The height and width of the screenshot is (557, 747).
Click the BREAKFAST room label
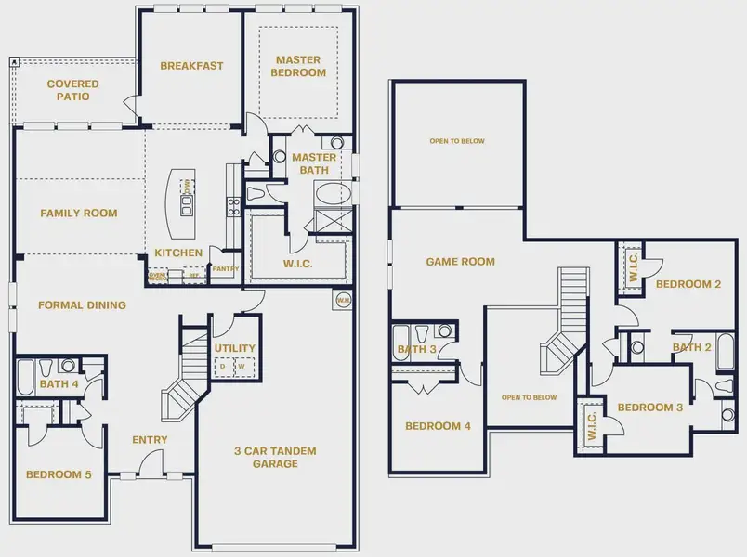[x=191, y=66]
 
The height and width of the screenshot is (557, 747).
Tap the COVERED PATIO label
[x=72, y=90]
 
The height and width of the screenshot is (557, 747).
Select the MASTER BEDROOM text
[x=299, y=66]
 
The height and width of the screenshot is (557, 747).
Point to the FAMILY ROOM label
[x=79, y=214]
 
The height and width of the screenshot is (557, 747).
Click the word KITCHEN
[x=177, y=253]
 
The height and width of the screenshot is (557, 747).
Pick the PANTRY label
[x=225, y=269]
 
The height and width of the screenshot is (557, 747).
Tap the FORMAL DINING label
[x=82, y=304]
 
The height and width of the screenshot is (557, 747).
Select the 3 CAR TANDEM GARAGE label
[x=276, y=457]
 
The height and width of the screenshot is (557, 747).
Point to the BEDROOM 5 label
[x=59, y=474]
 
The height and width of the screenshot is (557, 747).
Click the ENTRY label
[x=151, y=440]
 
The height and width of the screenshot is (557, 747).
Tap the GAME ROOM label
[x=460, y=262]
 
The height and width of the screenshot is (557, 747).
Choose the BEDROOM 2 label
[x=688, y=284]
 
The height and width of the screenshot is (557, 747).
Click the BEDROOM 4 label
[x=438, y=426]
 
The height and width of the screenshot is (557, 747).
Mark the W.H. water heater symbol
[x=343, y=300]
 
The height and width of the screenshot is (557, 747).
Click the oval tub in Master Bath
[x=329, y=195]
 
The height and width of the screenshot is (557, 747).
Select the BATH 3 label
[x=416, y=350]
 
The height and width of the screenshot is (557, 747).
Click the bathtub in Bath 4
[x=26, y=378]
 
